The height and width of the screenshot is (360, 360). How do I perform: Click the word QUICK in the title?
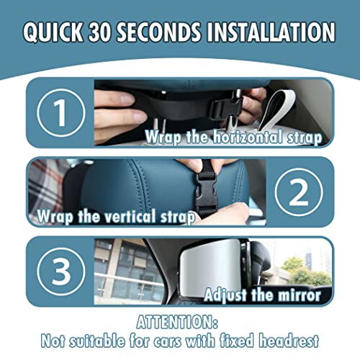pos(53,32)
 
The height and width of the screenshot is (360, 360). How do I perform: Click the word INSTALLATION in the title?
pos(271,32)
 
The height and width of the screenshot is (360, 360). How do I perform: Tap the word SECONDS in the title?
pos(159,32)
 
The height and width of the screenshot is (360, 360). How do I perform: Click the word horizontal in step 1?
pos(247,137)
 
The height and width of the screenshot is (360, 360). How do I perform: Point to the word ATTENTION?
pos(177,322)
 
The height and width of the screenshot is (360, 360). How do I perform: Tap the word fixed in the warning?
pos(237,341)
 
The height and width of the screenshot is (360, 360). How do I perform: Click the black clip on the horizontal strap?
pos(225,109)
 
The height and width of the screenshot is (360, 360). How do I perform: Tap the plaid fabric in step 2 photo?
pos(45,187)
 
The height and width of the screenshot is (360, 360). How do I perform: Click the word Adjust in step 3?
pos(225,295)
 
